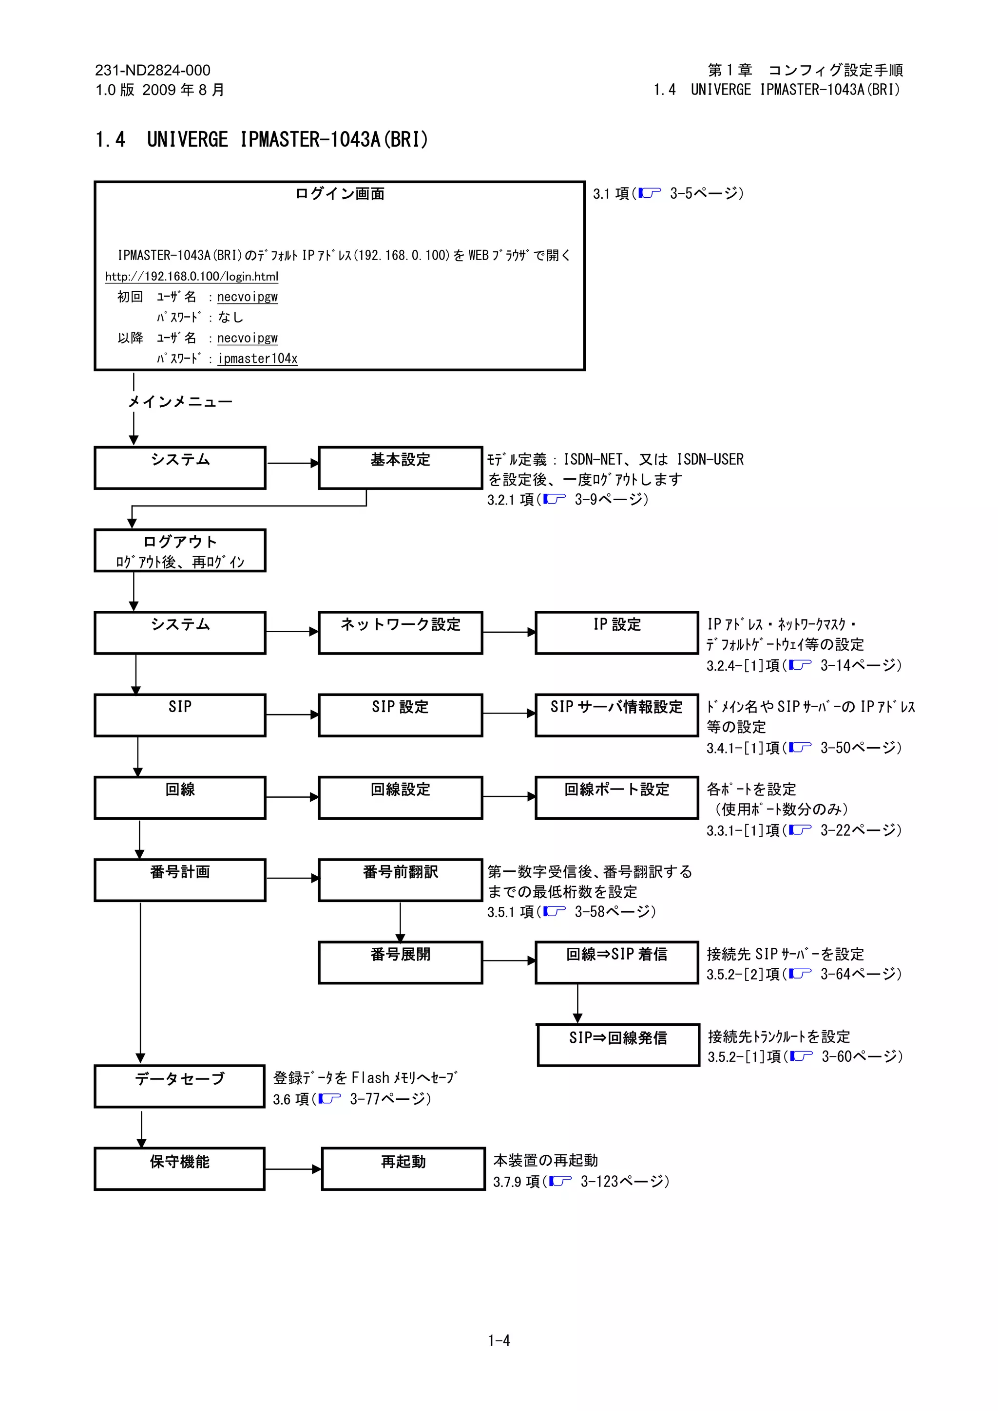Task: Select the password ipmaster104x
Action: coord(258,358)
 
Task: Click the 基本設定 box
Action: coord(400,468)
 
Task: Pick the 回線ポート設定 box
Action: coord(617,797)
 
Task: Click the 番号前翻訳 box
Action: coord(400,880)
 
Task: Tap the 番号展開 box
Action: coord(400,962)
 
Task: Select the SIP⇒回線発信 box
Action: coord(618,1045)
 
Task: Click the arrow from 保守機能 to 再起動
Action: coord(293,1169)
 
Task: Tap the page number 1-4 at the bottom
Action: coord(499,1340)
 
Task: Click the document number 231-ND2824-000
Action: coord(153,70)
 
